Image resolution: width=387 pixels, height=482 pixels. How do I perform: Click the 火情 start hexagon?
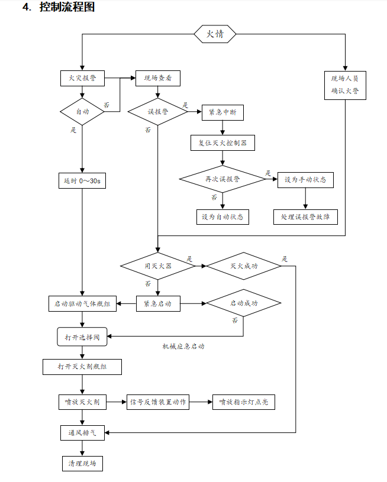(x=215, y=34)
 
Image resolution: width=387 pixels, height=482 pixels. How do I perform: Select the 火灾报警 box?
(x=82, y=78)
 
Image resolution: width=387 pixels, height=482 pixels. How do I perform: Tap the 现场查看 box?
(x=157, y=78)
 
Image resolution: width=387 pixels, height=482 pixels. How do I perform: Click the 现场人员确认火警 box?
(x=344, y=85)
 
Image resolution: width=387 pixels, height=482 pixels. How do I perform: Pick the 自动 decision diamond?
(x=82, y=111)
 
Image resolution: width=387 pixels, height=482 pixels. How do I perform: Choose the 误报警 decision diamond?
(x=157, y=111)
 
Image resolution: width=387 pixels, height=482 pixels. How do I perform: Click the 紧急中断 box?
(x=222, y=112)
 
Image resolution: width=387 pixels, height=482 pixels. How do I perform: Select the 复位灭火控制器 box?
(x=222, y=143)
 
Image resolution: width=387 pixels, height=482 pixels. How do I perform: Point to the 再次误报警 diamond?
(x=222, y=179)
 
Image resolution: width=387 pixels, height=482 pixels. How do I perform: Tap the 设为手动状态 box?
(x=305, y=179)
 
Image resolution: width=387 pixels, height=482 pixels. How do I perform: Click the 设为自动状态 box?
(x=222, y=216)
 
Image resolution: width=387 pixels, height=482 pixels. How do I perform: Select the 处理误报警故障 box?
(x=305, y=216)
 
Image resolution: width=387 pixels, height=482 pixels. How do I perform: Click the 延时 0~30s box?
(x=82, y=180)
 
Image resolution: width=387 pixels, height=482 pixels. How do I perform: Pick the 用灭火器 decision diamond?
(x=158, y=266)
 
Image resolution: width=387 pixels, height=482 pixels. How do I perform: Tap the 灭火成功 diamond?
(x=244, y=266)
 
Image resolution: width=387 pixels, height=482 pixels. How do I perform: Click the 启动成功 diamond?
(x=244, y=304)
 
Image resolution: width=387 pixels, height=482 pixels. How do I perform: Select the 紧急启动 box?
(x=157, y=304)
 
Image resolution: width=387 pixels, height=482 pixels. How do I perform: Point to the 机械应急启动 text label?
(x=183, y=347)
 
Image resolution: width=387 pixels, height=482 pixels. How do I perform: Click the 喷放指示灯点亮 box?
(x=244, y=402)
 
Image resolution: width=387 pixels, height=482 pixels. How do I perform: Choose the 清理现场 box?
(x=82, y=462)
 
